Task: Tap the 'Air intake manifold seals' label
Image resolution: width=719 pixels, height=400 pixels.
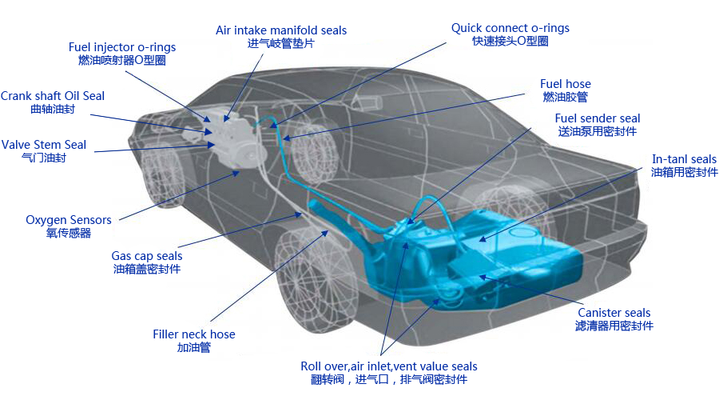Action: pos(281,30)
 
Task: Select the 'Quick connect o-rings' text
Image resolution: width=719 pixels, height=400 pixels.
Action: pos(510,28)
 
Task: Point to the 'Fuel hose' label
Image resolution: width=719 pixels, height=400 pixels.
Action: pos(566,84)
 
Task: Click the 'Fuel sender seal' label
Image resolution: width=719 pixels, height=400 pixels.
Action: pos(598,118)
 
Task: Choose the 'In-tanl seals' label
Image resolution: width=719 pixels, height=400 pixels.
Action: pos(685,159)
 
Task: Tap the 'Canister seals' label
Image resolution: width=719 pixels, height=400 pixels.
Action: pos(614,313)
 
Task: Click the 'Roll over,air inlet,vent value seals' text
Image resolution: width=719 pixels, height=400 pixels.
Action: pos(389,366)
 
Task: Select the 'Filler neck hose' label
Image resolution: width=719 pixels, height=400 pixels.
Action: pos(194,334)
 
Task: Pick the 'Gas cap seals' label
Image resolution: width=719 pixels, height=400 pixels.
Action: pos(147,256)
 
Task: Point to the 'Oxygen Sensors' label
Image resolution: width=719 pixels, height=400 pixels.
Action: pos(69,220)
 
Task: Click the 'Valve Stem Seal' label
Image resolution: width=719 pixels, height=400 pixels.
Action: pos(44,145)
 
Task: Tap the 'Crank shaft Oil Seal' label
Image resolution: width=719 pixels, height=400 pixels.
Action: pos(53,96)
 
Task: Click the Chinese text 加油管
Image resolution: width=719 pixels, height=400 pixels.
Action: pos(193,348)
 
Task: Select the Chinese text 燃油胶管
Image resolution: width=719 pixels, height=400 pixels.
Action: pos(566,97)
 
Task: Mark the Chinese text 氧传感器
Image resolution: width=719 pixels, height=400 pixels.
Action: pos(69,233)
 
